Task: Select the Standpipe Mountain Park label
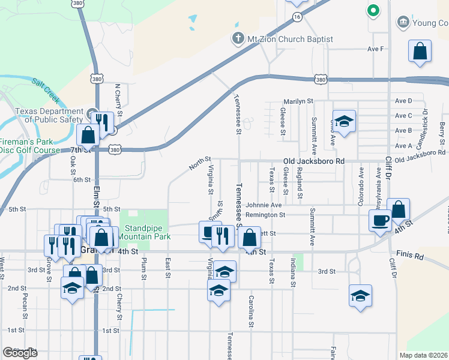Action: pyautogui.click(x=147, y=232)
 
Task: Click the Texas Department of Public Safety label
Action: pyautogui.click(x=49, y=115)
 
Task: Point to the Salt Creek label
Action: pyautogui.click(x=45, y=88)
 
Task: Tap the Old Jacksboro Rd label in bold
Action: pyautogui.click(x=314, y=161)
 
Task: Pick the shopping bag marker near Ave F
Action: pyautogui.click(x=420, y=52)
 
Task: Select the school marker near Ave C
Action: pyautogui.click(x=345, y=122)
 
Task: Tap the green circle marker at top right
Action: pyautogui.click(x=373, y=10)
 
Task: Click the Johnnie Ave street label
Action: pyautogui.click(x=267, y=205)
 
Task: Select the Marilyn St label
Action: pyautogui.click(x=299, y=101)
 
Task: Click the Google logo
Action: pyautogui.click(x=20, y=353)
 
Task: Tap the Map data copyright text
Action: pyautogui.click(x=424, y=355)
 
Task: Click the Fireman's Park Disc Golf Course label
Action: pyautogui.click(x=30, y=146)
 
